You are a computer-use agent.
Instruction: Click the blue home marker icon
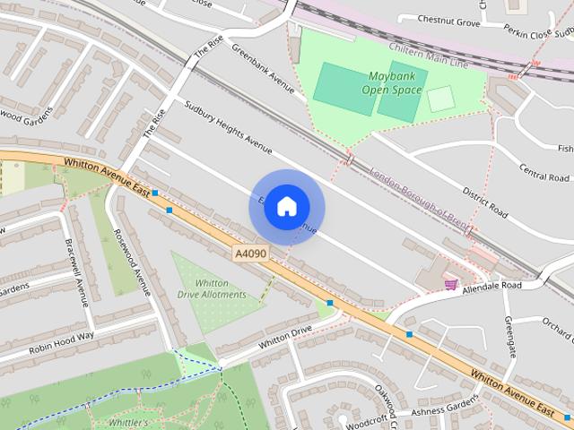click(286, 207)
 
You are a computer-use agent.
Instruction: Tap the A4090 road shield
click(250, 255)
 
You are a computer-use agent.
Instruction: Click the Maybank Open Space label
click(392, 82)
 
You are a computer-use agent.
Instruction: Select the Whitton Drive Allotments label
click(212, 288)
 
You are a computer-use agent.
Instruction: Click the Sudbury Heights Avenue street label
click(228, 127)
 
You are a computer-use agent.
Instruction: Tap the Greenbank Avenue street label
click(263, 70)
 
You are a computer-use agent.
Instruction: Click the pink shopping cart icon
click(450, 284)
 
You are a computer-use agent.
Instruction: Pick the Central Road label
click(545, 170)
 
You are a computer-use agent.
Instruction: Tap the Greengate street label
click(509, 336)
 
